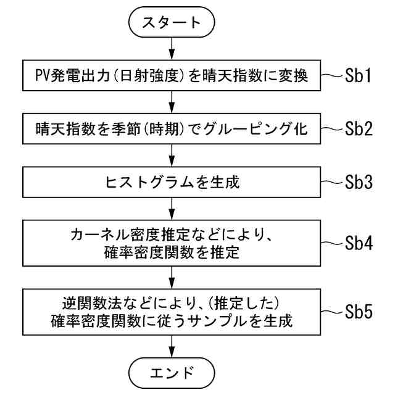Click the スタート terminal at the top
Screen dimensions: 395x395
coord(172,23)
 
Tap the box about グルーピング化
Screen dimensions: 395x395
coord(172,130)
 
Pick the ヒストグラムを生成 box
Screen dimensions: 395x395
coord(172,183)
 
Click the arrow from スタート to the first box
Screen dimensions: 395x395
coord(172,49)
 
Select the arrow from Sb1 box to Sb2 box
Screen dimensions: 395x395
coord(172,102)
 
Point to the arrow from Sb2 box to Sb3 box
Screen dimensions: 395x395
coord(172,156)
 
